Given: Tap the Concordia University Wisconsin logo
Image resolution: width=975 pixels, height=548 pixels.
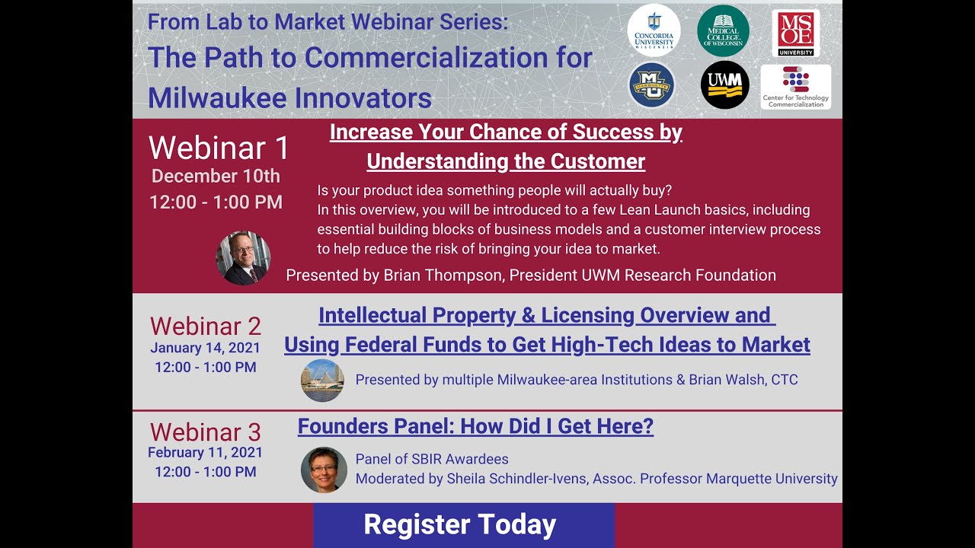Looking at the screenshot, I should [654, 30].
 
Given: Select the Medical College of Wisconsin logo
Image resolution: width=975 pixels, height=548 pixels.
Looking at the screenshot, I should [723, 30].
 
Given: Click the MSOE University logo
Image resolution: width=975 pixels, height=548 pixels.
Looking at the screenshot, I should [796, 33].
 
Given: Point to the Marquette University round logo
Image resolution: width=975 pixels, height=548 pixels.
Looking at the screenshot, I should [652, 84].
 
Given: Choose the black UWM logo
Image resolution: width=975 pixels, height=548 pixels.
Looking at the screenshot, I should [724, 84].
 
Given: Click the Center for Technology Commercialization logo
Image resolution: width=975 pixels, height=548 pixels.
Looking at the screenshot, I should [796, 87].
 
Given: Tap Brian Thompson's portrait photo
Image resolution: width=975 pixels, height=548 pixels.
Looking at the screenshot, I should [243, 258].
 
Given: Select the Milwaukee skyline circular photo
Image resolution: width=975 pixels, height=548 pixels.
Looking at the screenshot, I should [322, 381].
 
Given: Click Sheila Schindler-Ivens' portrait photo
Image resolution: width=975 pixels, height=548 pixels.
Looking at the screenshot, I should [324, 469].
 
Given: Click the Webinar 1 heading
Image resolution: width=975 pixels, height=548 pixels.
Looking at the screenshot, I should [219, 148].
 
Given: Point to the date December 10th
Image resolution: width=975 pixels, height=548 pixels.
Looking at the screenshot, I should [216, 177].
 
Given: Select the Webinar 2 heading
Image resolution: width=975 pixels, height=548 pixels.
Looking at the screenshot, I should [206, 327].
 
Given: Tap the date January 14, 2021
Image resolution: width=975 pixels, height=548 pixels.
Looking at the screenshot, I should [205, 348].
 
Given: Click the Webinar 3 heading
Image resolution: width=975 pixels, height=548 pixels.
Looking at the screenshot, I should [206, 432].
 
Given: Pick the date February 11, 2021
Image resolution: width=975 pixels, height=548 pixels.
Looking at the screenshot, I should [205, 453].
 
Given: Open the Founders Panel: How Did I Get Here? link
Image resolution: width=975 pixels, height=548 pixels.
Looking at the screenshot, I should [475, 426].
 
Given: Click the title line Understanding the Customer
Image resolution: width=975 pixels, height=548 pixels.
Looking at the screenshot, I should [506, 161].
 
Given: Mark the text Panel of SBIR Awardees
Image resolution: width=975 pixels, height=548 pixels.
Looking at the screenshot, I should [432, 459].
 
